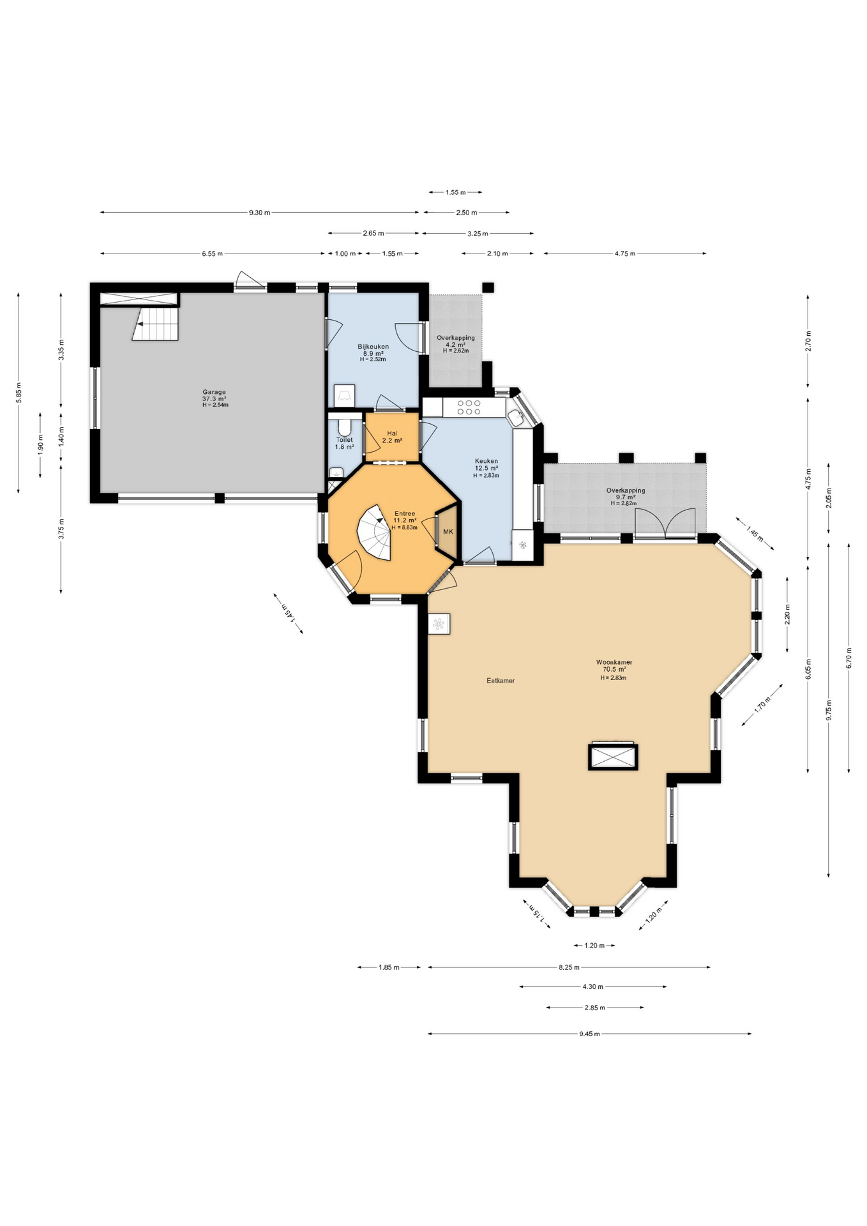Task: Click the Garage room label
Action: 215,398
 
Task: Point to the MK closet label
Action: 448,532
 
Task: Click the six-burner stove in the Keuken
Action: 469,407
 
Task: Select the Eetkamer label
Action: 500,681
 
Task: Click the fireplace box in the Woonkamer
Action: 613,757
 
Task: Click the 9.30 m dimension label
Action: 259,213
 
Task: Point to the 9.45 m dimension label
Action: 589,1034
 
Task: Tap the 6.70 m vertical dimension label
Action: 848,658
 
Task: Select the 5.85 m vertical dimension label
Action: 19,392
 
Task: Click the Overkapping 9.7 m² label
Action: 625,496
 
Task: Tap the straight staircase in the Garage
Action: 156,324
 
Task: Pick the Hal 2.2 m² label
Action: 391,437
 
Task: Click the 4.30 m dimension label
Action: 592,987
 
